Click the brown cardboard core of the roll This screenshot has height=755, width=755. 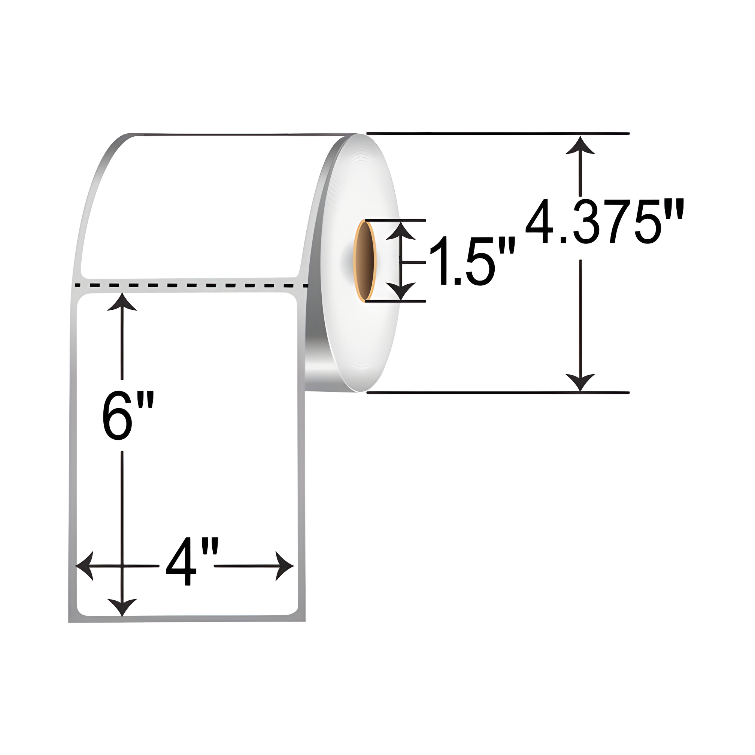[364, 261]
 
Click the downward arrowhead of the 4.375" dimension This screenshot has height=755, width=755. [580, 382]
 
